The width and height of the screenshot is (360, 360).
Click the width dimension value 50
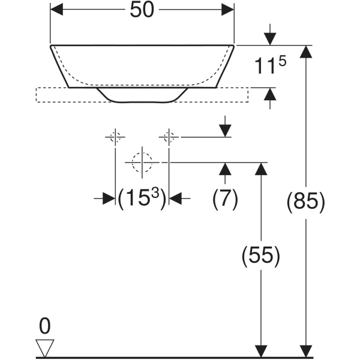coord(142,10)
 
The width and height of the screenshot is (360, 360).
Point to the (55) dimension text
coord(260,257)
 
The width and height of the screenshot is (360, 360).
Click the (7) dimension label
coord(225,198)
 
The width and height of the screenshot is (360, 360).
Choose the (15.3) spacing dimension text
coord(142,198)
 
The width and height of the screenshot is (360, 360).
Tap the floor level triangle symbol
coord(45,347)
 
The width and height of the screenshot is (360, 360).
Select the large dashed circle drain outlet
coord(142,162)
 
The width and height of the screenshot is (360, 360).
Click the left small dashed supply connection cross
coord(115,137)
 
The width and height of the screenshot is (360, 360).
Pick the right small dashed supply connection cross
coord(169,137)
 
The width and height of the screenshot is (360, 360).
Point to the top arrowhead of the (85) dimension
coord(307,52)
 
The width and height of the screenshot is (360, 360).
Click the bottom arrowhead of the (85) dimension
coord(307,351)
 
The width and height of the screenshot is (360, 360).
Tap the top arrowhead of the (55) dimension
coord(260,169)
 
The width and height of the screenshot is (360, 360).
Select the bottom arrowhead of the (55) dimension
coord(260,351)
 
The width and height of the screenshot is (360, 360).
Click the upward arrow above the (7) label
coord(225,170)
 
